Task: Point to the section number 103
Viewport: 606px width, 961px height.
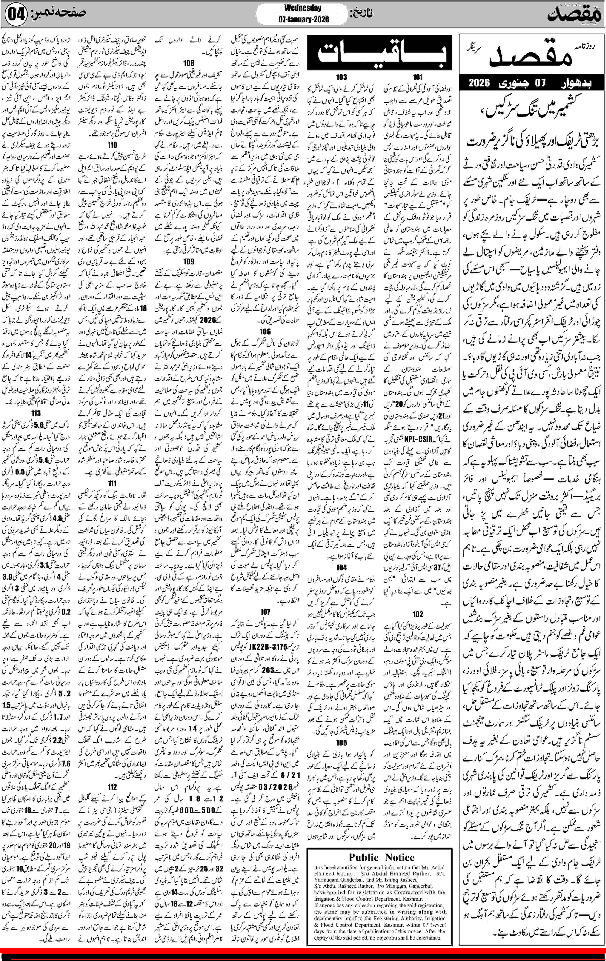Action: pyautogui.click(x=341, y=77)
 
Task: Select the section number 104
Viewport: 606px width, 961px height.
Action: pyautogui.click(x=341, y=567)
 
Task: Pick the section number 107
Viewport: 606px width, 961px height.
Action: pyautogui.click(x=265, y=611)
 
